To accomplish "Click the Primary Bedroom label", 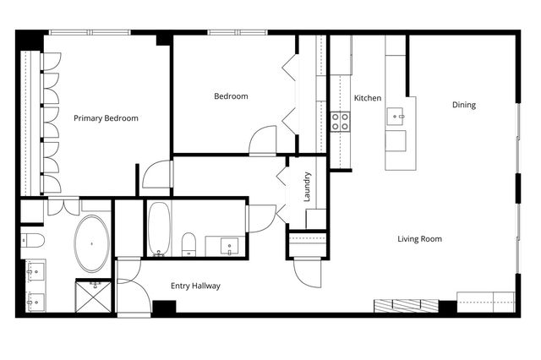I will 106,118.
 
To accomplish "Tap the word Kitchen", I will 368,98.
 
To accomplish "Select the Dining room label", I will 464,105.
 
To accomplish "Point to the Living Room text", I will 419,239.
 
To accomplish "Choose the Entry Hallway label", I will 195,286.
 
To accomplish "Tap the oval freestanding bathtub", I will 92,243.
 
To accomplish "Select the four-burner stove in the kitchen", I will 341,121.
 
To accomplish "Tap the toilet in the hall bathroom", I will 189,244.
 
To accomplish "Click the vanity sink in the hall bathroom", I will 229,246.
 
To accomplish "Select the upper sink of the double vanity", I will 36,271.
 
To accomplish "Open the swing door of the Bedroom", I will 263,140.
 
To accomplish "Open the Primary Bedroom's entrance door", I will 156,175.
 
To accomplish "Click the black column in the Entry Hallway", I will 164,307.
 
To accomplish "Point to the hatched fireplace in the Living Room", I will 407,305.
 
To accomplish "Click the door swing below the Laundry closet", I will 304,270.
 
